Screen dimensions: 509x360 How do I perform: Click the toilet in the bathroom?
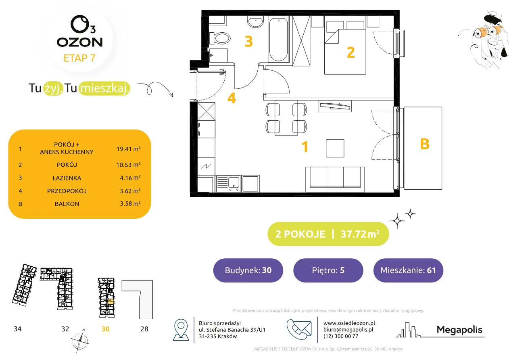point(220,38)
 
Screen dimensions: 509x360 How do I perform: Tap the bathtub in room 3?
point(278,39)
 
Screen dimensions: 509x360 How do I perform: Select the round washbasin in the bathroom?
point(255,22)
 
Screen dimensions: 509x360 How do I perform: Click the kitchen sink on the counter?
point(228,184)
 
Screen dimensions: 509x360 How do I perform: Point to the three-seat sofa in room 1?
point(335,179)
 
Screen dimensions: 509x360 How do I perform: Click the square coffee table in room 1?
point(335,148)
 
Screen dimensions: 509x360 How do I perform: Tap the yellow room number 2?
point(351,52)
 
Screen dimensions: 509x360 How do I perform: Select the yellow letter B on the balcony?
point(425,144)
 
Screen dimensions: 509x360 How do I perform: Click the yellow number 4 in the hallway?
point(232,98)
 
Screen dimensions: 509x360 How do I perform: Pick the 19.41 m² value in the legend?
point(128,149)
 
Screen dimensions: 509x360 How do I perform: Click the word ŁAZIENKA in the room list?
point(67,178)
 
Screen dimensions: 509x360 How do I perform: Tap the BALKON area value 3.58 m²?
point(130,203)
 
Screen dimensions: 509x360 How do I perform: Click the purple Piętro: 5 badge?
point(328,270)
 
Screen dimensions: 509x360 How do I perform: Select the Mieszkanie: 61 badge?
point(408,270)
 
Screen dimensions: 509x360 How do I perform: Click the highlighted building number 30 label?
point(105,329)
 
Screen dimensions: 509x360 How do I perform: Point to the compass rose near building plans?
point(79,341)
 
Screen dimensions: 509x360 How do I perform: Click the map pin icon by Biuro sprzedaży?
point(181,329)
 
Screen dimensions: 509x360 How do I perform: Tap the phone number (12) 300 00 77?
point(341,336)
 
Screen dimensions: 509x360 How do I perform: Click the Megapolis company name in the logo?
point(459,330)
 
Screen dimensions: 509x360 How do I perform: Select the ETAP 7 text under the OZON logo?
point(79,58)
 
